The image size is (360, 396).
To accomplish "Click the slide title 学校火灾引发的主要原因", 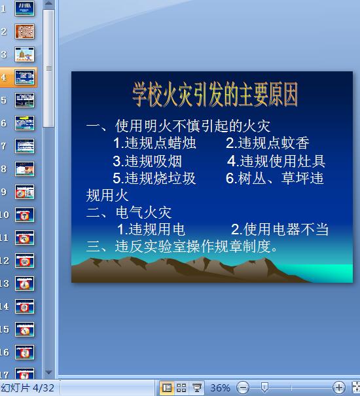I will [x=215, y=94].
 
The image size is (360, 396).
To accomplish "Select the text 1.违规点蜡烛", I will [x=154, y=143].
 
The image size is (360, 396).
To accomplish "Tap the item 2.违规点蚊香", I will [x=267, y=143].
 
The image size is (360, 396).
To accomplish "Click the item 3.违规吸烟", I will [x=147, y=161].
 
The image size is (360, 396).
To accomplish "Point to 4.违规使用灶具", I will [x=276, y=161].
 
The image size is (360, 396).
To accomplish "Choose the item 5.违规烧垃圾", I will [x=154, y=178].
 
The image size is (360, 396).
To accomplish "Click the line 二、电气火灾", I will [x=128, y=212].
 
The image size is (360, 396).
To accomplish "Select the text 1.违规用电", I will [x=151, y=230].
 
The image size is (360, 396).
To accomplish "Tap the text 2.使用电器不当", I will [x=279, y=230].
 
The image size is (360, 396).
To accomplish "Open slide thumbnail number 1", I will [x=25, y=9].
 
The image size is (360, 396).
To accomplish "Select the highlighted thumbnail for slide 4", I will [x=25, y=77].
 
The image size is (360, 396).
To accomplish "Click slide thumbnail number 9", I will [x=25, y=192].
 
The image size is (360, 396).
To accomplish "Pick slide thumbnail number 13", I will [x=25, y=283].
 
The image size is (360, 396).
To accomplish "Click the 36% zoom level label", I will [x=220, y=388].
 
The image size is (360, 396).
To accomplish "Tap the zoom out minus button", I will [x=243, y=388].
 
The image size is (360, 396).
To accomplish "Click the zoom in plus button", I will [x=338, y=388].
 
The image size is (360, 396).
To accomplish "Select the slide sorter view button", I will [x=181, y=388].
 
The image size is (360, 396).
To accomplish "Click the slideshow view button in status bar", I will [x=196, y=388].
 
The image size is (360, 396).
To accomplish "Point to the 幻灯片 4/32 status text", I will [x=27, y=388].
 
